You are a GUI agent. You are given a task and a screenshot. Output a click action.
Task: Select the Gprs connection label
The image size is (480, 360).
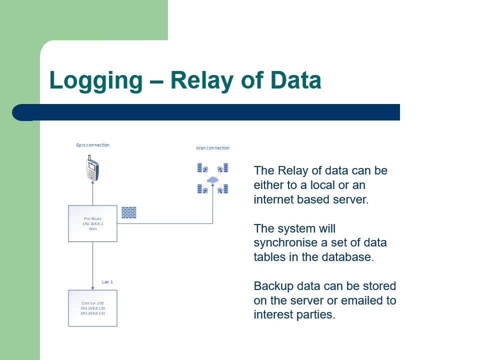pos(92,145)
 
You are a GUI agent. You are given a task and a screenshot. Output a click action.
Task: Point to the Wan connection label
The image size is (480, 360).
pos(213,148)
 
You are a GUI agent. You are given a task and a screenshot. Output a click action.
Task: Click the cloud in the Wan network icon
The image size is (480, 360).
pos(213,180)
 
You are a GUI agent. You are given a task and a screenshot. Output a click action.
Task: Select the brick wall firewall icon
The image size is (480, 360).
pos(129,212)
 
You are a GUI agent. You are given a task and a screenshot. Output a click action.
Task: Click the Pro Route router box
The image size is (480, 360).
pos(92,223)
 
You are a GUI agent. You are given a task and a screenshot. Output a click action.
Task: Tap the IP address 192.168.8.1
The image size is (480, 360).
pos(92,224)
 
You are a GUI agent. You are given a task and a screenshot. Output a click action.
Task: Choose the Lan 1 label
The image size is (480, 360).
pos(107,282)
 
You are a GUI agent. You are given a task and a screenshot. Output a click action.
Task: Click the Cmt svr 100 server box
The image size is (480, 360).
pos(92,308)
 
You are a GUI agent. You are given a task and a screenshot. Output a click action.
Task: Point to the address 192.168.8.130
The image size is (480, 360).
pos(92,308)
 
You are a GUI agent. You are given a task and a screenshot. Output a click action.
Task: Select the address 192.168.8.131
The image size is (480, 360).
pos(92,313)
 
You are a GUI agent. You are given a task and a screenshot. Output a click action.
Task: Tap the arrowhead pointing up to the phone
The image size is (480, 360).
pos(92,183)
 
